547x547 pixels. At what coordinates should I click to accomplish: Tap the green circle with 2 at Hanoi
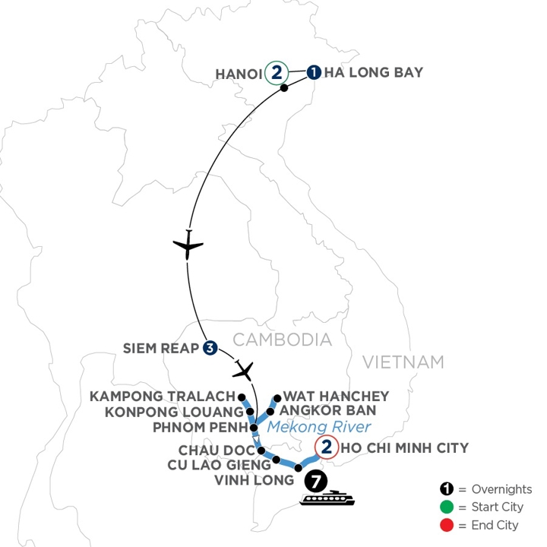coord(277,73)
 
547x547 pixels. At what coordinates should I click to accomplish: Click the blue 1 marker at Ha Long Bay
coord(314,73)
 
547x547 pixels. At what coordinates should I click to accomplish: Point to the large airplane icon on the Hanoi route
coord(188,245)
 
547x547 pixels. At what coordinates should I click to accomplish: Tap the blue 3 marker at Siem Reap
coord(210,349)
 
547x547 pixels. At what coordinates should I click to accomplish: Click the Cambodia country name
coord(283,339)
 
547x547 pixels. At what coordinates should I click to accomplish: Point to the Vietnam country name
coord(403,362)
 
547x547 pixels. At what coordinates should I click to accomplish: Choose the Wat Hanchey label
coord(336,396)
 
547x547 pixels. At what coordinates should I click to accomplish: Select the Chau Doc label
coord(213,449)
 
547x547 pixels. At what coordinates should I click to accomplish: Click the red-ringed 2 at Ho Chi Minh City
coord(324,447)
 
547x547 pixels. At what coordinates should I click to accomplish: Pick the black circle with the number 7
coord(316,482)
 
